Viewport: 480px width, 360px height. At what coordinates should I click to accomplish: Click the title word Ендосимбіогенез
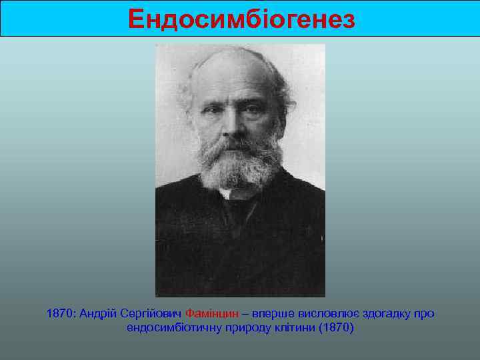pos(242,19)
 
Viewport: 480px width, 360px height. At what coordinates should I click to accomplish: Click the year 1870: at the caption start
pos(61,313)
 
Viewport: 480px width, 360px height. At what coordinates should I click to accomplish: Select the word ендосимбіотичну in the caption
pos(168,329)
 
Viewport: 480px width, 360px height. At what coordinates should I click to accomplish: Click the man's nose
pos(231,120)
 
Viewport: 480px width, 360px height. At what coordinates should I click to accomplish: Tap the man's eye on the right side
pos(251,107)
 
